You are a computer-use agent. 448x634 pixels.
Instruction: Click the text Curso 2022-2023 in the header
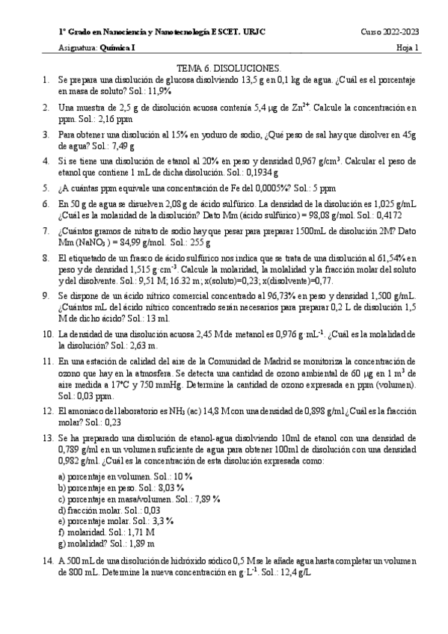(x=390, y=33)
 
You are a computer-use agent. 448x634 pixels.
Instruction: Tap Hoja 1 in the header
(x=408, y=49)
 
